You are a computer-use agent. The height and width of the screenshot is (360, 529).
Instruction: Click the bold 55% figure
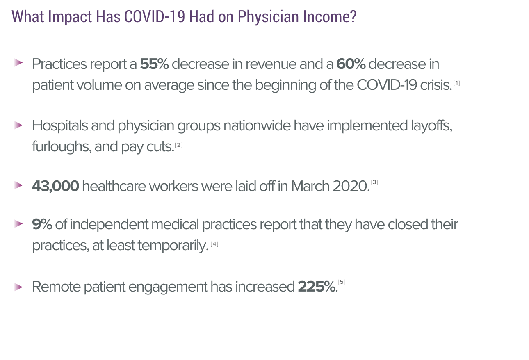[154, 64]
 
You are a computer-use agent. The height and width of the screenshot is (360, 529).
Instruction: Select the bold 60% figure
[351, 64]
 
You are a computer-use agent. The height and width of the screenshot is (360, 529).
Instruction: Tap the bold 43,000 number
[55, 186]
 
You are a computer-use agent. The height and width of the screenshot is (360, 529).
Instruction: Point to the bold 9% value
[42, 225]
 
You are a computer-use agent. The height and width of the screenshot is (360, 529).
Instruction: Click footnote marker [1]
[456, 84]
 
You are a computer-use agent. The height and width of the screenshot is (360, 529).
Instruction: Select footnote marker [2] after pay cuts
[178, 145]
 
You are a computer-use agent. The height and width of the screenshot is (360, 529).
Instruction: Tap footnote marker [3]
[374, 182]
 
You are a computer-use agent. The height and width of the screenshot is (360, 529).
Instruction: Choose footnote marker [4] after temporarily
[214, 244]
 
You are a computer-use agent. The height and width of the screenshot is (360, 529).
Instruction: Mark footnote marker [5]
[342, 282]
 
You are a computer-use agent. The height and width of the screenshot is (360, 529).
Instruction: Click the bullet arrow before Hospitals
[18, 125]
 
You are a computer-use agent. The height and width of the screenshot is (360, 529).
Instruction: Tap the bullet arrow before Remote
[18, 287]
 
